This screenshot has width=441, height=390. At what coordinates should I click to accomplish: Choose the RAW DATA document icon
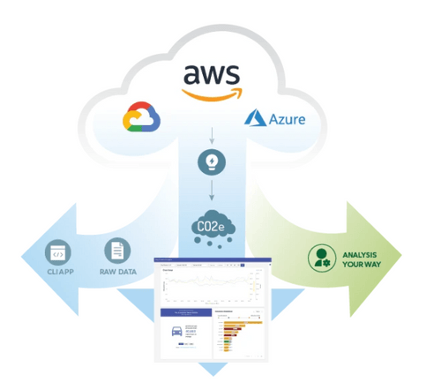(116, 251)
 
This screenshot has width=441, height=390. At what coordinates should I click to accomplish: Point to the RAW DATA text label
(116, 272)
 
